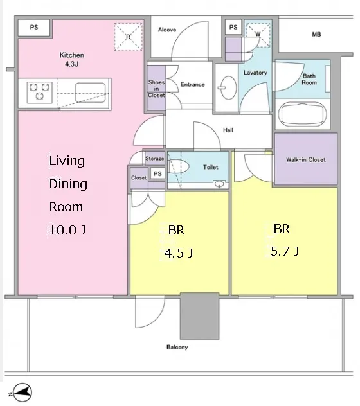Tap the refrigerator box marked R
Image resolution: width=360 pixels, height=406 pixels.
(129, 37)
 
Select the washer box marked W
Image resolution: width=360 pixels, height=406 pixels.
(258, 35)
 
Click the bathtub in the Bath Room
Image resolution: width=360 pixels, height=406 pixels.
(302, 114)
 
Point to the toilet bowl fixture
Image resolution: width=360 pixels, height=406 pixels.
(178, 166)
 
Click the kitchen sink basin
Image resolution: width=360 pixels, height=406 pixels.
(90, 93)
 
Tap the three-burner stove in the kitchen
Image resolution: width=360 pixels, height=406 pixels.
(40, 92)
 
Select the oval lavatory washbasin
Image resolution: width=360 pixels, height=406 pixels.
(228, 88)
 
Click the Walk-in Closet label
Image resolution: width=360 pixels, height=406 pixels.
(306, 159)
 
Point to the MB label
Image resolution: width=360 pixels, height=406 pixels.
(316, 34)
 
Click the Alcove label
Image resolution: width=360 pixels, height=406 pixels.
(167, 30)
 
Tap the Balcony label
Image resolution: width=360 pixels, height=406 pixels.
(177, 348)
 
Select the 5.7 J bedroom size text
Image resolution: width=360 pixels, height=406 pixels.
(285, 251)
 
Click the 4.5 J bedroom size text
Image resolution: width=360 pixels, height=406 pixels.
(179, 252)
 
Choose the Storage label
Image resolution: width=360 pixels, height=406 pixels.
(154, 159)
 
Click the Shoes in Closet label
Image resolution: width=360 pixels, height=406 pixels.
(157, 89)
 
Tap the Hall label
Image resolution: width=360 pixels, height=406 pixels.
(228, 130)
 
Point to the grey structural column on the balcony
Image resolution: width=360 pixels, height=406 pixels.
(199, 316)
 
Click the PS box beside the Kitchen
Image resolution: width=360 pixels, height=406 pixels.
(34, 27)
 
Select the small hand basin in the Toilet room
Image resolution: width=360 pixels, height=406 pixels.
(219, 184)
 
